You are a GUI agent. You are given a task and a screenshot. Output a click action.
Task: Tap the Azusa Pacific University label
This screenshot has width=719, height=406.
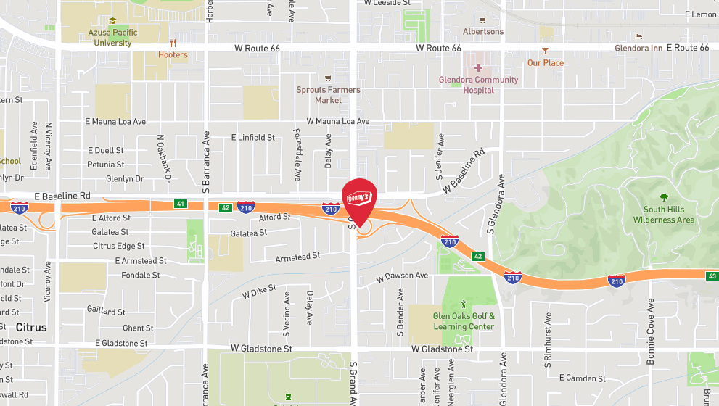click(x=112, y=38)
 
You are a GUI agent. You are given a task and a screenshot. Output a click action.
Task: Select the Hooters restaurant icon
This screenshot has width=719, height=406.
click(x=173, y=43)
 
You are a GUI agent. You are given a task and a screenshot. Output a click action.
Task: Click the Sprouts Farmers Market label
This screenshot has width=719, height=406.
click(x=328, y=95)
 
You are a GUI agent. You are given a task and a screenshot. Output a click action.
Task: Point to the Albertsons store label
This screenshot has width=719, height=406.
click(x=483, y=32)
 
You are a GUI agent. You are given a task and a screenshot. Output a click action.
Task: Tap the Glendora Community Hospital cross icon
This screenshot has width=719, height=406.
click(x=478, y=67)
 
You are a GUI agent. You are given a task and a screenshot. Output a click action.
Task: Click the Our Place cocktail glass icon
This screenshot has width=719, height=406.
click(x=545, y=51)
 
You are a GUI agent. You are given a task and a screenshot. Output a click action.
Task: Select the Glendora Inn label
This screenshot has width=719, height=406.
click(x=638, y=48)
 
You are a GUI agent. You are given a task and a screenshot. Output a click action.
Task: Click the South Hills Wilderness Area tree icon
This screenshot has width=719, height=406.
click(x=664, y=197)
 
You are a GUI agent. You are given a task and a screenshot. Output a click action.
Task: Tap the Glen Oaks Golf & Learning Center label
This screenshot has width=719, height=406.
click(x=464, y=321)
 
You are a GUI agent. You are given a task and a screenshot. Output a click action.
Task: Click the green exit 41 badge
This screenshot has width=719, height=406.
click(x=180, y=204)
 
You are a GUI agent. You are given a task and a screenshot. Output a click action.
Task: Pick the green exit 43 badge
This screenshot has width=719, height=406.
click(x=712, y=275)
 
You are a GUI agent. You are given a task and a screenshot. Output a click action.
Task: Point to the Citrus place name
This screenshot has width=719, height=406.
click(x=31, y=328)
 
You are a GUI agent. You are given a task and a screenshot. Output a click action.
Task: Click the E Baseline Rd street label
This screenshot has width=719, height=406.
click(x=62, y=196)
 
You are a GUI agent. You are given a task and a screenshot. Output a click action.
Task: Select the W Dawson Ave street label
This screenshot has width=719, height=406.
click(x=402, y=276)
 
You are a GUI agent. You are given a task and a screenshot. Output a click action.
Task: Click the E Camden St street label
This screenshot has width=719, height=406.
click(x=583, y=378)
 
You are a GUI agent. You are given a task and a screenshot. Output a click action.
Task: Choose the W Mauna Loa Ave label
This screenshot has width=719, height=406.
click(x=337, y=122)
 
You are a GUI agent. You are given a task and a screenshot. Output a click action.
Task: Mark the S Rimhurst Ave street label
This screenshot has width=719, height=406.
click(x=549, y=338)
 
